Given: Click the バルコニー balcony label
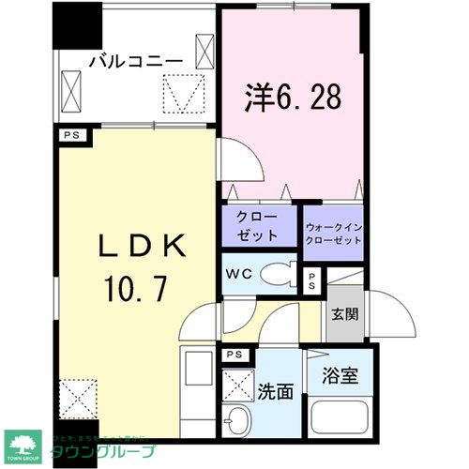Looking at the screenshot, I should [x=135, y=61].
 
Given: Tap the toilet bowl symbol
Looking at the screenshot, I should [x=278, y=275].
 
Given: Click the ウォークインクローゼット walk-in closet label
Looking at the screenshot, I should [x=334, y=234].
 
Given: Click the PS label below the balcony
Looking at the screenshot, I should [x=70, y=135].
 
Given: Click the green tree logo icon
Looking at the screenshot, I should [x=23, y=447].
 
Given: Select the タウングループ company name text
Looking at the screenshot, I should [x=99, y=453].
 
